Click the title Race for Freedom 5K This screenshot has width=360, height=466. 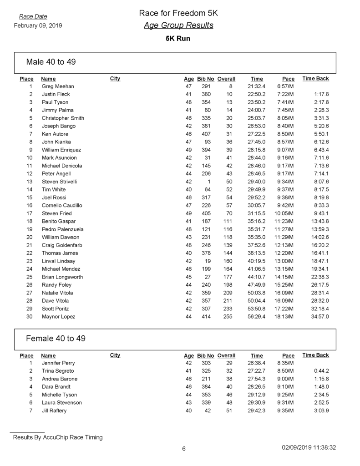(x=178, y=14)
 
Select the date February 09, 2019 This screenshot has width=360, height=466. (x=38, y=25)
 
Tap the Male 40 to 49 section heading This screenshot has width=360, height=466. (x=51, y=62)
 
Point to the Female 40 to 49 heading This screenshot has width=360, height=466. (x=56, y=339)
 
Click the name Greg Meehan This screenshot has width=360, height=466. (x=58, y=86)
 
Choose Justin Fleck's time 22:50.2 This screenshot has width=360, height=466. (x=256, y=94)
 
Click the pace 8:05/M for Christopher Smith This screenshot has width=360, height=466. (x=285, y=118)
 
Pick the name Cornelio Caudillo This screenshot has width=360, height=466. (x=62, y=205)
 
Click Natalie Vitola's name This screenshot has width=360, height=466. (x=57, y=293)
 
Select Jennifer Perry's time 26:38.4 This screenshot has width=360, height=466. (x=256, y=363)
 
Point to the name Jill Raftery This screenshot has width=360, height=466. (x=54, y=411)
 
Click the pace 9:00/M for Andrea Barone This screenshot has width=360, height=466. (x=285, y=379)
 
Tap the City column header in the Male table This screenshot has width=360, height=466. (x=115, y=79)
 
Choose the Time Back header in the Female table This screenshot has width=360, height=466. (x=316, y=355)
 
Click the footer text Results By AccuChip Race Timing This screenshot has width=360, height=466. (x=58, y=438)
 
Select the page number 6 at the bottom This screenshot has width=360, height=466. (x=184, y=449)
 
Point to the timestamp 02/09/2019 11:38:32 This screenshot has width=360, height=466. (x=309, y=448)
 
